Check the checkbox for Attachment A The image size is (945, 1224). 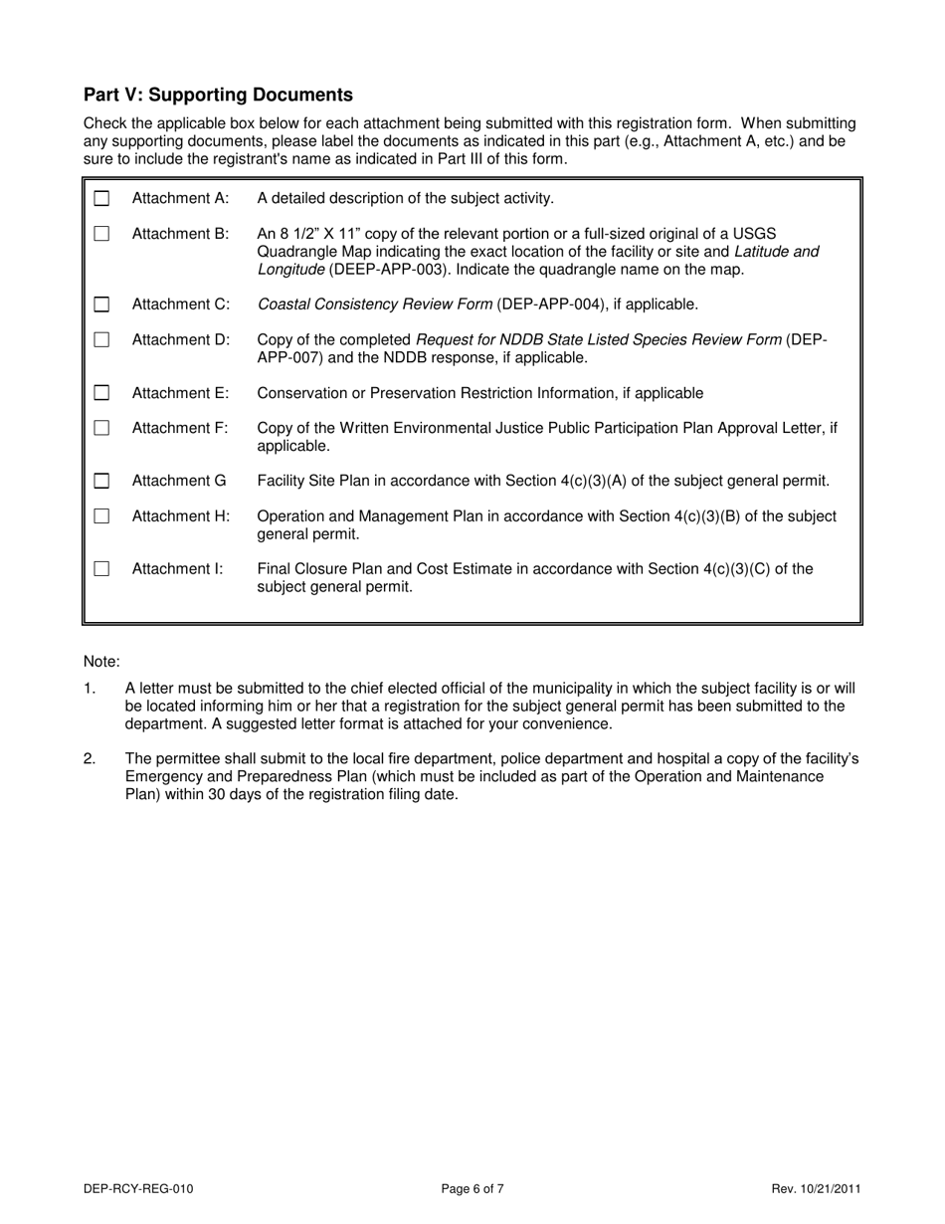click(x=101, y=198)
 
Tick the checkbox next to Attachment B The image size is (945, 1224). click(x=101, y=234)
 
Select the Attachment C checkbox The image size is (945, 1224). click(x=101, y=305)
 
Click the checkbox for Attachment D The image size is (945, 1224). click(x=101, y=340)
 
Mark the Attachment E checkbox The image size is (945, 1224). click(x=101, y=393)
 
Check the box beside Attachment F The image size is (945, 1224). click(x=101, y=428)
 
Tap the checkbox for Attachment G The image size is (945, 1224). click(x=101, y=482)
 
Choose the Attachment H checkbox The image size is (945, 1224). click(x=101, y=516)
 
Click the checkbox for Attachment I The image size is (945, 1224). click(x=101, y=569)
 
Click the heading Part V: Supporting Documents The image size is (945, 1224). click(x=218, y=95)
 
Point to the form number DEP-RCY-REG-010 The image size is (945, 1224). click(x=138, y=1188)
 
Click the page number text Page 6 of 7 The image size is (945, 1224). click(x=472, y=1188)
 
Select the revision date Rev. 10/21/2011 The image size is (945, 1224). click(x=816, y=1188)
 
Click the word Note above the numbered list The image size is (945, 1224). click(x=101, y=662)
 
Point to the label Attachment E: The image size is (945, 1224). click(x=180, y=393)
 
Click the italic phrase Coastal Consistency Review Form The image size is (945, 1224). click(x=374, y=305)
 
